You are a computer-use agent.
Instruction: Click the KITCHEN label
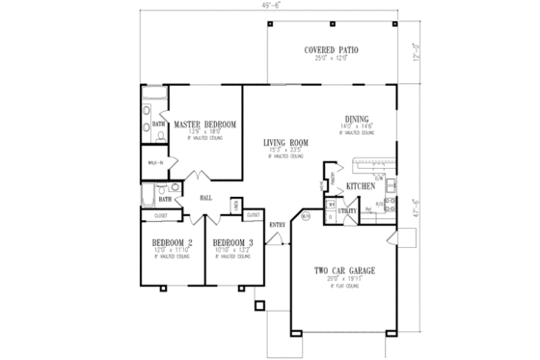360,185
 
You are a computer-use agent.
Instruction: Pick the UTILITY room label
348,209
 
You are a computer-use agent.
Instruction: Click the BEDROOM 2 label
174,241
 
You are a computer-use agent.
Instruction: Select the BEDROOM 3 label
232,241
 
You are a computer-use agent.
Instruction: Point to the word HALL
205,198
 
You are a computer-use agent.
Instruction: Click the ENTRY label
277,225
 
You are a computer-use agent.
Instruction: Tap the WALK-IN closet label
153,163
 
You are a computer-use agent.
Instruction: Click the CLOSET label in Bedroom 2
162,215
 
